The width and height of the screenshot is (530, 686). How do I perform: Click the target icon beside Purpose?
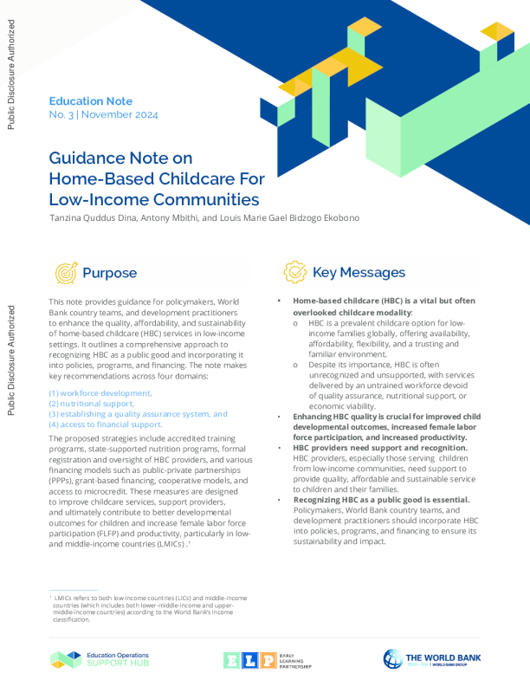point(65,273)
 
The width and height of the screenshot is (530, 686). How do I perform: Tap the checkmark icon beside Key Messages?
point(294,272)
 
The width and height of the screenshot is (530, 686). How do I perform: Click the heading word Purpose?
point(109,273)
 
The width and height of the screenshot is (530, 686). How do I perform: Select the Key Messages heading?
point(359,272)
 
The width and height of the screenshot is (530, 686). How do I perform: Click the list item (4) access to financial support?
point(106,424)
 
